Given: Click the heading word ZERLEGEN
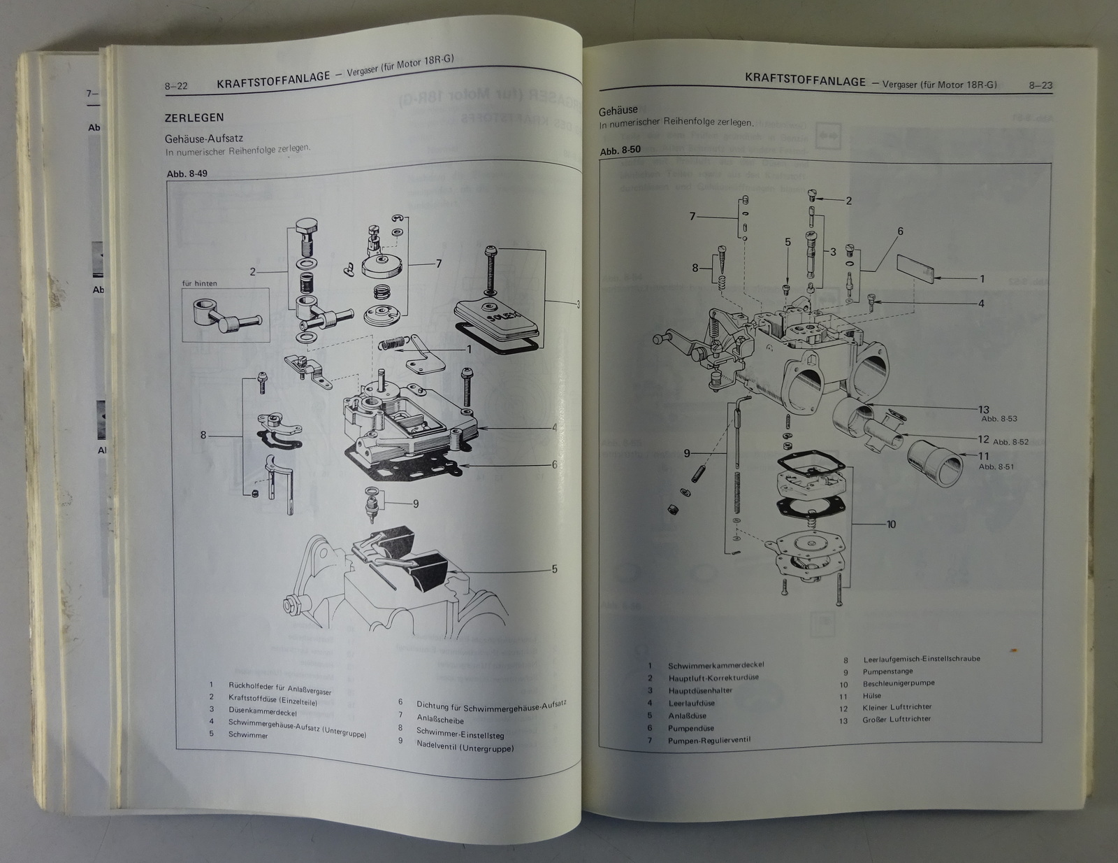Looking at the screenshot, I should pyautogui.click(x=194, y=118).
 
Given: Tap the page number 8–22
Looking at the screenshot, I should pyautogui.click(x=176, y=87).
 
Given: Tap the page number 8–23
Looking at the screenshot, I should pyautogui.click(x=1040, y=85).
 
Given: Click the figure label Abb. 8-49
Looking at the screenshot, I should pyautogui.click(x=187, y=174).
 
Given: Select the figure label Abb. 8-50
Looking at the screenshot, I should pyautogui.click(x=620, y=151).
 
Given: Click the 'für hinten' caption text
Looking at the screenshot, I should pyautogui.click(x=199, y=283).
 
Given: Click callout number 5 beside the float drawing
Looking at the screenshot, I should pyautogui.click(x=554, y=569).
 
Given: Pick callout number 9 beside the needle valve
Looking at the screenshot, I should pyautogui.click(x=416, y=504).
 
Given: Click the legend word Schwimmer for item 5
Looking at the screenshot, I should pyautogui.click(x=248, y=735).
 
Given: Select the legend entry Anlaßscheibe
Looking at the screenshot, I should pyautogui.click(x=440, y=720).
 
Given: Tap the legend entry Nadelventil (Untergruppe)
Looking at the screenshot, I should pyautogui.click(x=465, y=748).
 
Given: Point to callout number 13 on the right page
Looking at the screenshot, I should pyautogui.click(x=984, y=410).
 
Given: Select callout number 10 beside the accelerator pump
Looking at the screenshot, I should pyautogui.click(x=891, y=525).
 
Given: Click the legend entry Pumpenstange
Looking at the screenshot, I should pyautogui.click(x=888, y=672).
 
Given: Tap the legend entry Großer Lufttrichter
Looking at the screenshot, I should pyautogui.click(x=896, y=719).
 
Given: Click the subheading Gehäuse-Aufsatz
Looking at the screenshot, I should pyautogui.click(x=204, y=139).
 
